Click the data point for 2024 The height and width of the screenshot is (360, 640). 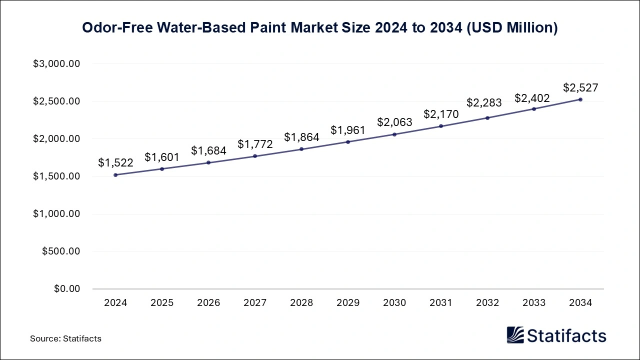click(115, 175)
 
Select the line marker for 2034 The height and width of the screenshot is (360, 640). click(580, 99)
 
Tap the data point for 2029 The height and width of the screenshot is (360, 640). click(348, 142)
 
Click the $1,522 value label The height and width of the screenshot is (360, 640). click(115, 162)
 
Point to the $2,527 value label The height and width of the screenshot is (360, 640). click(580, 87)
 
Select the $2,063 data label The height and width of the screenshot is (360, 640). click(394, 122)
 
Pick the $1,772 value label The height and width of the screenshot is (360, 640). click(255, 144)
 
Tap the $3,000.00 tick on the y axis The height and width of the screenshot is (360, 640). click(56, 64)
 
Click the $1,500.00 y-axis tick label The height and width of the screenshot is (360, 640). click(56, 176)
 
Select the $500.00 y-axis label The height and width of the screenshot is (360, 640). click(61, 251)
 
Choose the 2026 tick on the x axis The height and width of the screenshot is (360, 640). click(208, 303)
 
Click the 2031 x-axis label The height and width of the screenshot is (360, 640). click(441, 303)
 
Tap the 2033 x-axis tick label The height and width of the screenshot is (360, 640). click(534, 303)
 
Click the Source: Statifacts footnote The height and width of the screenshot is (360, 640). click(65, 338)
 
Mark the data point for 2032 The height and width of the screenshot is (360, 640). click(487, 118)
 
